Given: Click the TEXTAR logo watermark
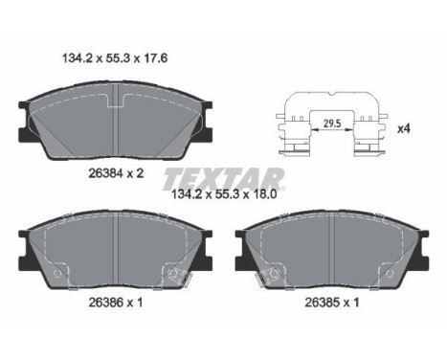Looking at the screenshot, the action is point(223,179).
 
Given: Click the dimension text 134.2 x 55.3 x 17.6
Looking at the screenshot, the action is point(115,58).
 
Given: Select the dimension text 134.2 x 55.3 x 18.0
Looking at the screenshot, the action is point(224,194).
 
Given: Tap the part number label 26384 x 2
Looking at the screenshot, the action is point(116,173).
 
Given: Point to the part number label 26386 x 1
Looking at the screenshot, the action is point(116,302).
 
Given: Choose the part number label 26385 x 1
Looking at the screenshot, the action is point(332,302).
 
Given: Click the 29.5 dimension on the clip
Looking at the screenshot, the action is point(332,124).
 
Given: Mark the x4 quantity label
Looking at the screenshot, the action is point(403,128).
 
